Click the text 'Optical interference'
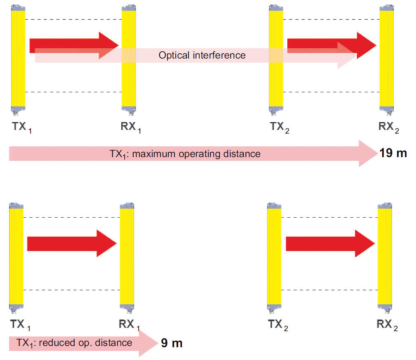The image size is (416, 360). point(202,55)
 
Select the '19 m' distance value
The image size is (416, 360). point(393,153)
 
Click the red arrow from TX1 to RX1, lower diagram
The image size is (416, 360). point(72,243)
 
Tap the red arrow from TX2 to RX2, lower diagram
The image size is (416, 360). point(330,243)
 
